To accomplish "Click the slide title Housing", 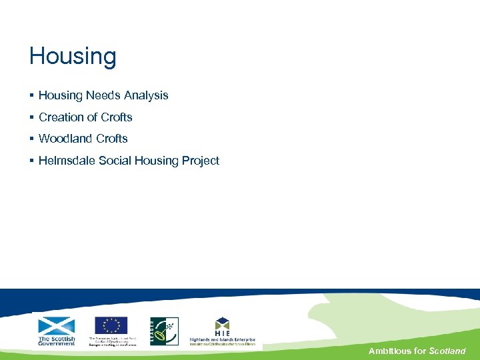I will [73, 57].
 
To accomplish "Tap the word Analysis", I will [145, 95].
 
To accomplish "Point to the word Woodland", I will [65, 139].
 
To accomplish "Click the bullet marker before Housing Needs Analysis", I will [31, 96].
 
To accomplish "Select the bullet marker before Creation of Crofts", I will [31, 117].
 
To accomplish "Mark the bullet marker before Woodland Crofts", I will [31, 139].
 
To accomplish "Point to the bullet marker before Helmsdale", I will [31, 161].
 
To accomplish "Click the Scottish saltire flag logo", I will [57, 326].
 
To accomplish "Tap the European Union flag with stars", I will [111, 325].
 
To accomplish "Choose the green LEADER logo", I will [164, 331].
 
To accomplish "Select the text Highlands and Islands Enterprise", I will [222, 339].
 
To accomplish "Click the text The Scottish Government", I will [57, 340].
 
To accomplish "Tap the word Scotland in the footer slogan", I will [447, 351].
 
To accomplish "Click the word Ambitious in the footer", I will [390, 351].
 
